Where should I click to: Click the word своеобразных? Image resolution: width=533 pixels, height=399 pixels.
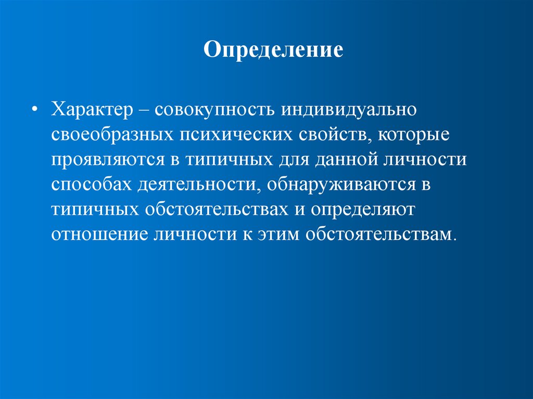click(112, 136)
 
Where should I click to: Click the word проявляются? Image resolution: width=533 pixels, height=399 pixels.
click(108, 160)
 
